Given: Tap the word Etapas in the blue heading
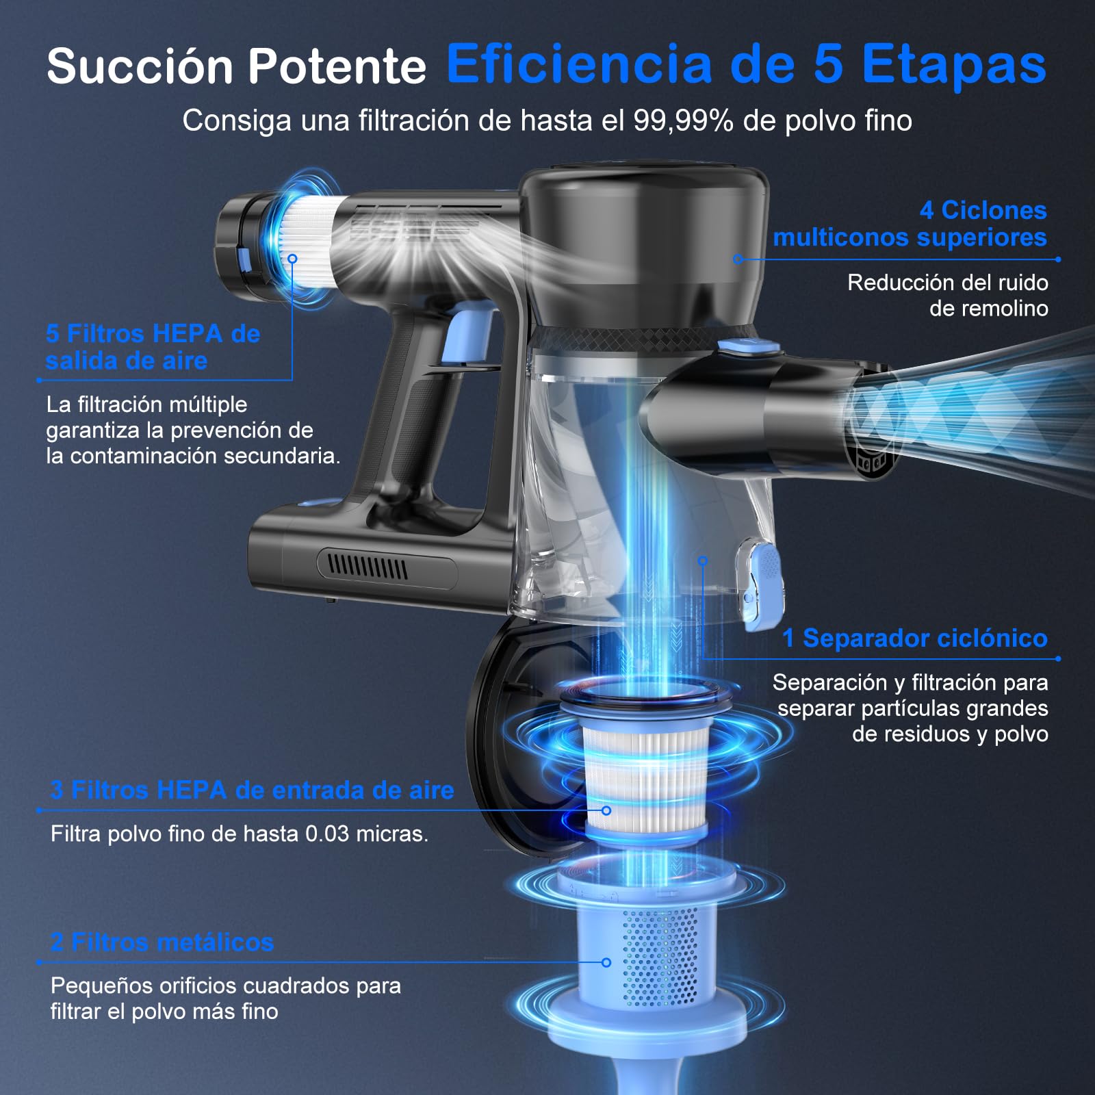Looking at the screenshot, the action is pyautogui.click(x=954, y=65).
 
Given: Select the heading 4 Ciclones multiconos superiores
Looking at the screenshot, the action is pyautogui.click(x=910, y=223).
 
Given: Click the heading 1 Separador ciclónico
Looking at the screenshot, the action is pyautogui.click(x=914, y=638).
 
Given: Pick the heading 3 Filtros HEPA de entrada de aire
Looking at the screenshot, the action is pyautogui.click(x=252, y=790).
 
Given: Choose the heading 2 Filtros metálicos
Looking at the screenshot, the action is pyautogui.click(x=162, y=942).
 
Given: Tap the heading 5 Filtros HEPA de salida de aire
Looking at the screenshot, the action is pyautogui.click(x=153, y=347).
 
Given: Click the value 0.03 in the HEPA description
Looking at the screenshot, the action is pyautogui.click(x=326, y=834).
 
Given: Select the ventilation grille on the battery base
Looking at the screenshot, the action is pyautogui.click(x=368, y=567).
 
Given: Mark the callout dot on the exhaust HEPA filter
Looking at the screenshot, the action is pyautogui.click(x=292, y=259).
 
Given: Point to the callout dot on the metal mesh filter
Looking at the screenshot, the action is pyautogui.click(x=606, y=962).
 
